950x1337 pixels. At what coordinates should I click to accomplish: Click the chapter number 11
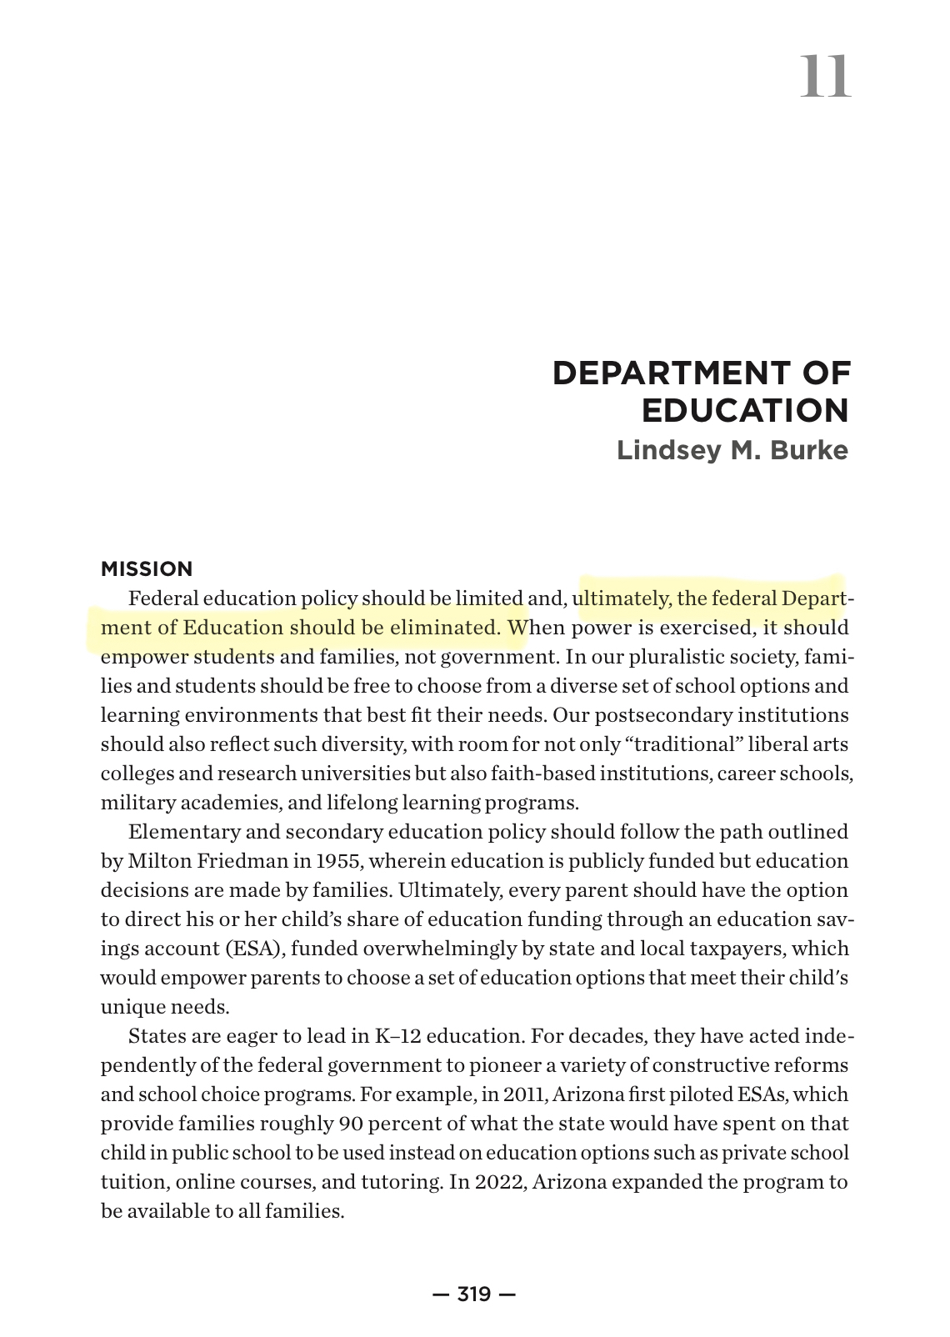tap(825, 76)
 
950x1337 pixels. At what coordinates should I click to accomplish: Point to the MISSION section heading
tap(147, 569)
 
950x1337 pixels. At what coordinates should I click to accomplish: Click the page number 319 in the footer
tap(474, 1294)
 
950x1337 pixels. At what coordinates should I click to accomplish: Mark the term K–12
tap(397, 1036)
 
